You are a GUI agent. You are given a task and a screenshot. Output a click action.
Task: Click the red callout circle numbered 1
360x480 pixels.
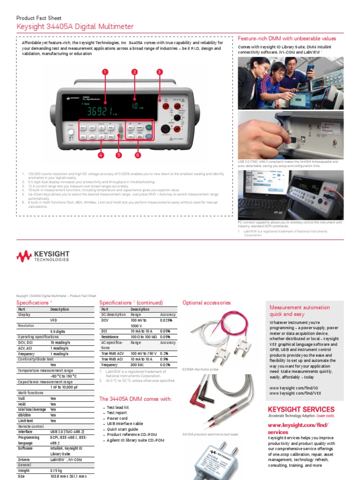point(105,72)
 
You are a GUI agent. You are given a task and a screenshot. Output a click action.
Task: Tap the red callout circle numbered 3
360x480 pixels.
point(159,72)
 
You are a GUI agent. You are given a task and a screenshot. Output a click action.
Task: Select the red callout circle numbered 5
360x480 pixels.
point(119,154)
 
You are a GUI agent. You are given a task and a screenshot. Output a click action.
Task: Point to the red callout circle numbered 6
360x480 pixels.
point(138,154)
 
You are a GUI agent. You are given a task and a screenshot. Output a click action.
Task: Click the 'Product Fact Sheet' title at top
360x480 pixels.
point(39,18)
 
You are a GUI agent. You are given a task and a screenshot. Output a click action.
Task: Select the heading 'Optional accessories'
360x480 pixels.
point(206,303)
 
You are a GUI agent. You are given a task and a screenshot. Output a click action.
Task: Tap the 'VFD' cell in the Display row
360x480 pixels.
point(53,320)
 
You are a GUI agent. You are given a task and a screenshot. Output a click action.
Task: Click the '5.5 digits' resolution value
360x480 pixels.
point(59,331)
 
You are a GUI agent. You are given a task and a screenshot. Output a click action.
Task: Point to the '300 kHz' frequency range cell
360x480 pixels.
point(137,365)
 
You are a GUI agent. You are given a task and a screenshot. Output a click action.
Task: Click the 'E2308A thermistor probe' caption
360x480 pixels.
point(200,369)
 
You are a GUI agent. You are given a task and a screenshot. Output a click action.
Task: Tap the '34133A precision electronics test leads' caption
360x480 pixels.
point(210,435)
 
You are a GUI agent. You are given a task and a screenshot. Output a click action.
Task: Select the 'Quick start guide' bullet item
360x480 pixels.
point(122,429)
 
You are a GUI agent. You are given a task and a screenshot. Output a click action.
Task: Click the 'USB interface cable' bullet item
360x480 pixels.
point(125,424)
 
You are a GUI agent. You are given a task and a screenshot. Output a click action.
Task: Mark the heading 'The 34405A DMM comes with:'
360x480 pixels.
point(135,399)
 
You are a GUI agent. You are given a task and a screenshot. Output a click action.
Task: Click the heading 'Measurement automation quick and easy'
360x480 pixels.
point(293,311)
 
